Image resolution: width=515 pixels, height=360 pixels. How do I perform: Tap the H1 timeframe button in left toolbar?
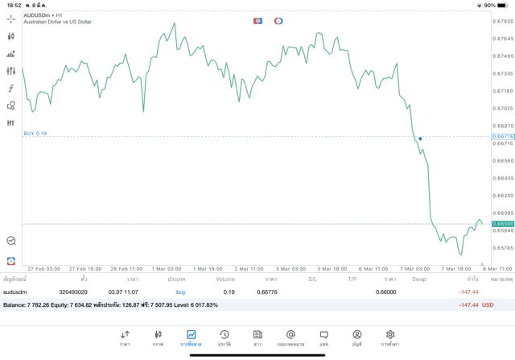coord(11,123)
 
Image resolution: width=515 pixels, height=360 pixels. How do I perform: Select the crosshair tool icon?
coord(11,19)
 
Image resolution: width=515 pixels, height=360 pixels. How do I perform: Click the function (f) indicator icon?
coord(11,89)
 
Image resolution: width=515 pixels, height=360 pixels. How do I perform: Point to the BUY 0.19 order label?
coord(35,134)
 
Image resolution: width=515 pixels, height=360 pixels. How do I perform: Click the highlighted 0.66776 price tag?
coord(503,137)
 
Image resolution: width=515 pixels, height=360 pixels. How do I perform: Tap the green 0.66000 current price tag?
coord(503,224)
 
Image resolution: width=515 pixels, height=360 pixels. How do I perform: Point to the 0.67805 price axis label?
coord(503,21)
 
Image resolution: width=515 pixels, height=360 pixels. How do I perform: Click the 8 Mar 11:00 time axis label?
coord(496,269)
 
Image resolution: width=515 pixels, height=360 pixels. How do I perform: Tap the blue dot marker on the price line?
coord(420,139)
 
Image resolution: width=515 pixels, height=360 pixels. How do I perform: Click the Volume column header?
coord(225,279)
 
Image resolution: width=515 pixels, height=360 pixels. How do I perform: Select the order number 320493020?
coord(73,292)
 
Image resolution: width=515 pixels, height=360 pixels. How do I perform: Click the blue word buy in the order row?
coord(180,292)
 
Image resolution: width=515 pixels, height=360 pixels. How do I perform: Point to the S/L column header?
coord(312,279)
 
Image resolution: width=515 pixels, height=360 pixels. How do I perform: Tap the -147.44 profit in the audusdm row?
coord(468,292)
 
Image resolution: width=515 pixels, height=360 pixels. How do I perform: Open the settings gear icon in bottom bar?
coord(390,337)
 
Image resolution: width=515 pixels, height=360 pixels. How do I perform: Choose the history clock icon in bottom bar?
coord(225,337)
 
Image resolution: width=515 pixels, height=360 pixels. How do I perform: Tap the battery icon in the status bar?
coord(504,5)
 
